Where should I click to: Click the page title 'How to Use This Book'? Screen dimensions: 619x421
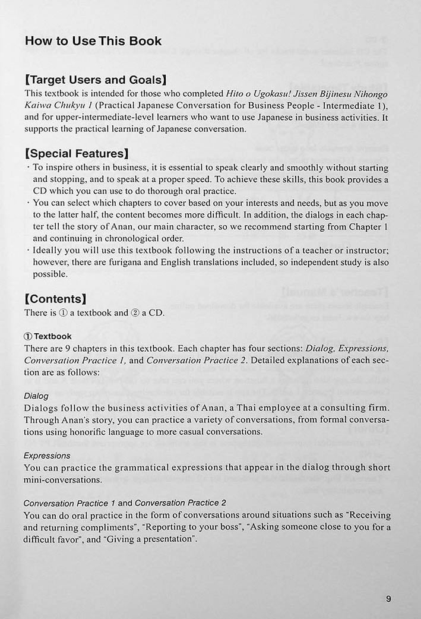coord(93,41)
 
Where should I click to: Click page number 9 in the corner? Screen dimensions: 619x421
coord(388,598)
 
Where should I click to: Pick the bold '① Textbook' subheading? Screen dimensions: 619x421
coord(48,336)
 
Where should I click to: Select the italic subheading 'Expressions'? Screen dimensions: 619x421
coord(47,456)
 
